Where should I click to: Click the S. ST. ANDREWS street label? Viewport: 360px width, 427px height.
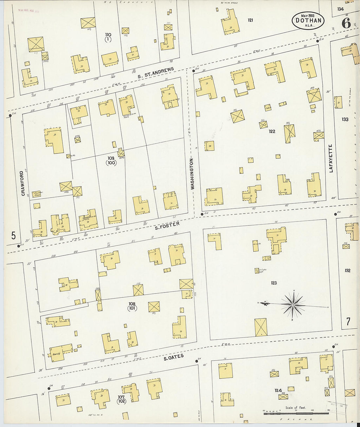tap(155, 73)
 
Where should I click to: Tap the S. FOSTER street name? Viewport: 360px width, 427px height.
tap(167, 225)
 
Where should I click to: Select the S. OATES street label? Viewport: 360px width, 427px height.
tap(173, 357)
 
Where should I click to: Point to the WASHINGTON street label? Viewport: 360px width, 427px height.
tap(192, 174)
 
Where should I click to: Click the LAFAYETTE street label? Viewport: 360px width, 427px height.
tap(331, 158)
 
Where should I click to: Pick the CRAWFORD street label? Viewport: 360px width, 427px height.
tap(23, 183)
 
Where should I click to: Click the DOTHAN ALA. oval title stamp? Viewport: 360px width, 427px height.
tap(308, 20)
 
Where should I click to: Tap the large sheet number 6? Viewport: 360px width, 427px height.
tap(346, 23)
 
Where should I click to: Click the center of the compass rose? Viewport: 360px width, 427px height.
tap(293, 305)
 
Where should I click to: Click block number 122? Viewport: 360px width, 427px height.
tap(272, 132)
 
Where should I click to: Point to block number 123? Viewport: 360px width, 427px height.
tap(274, 283)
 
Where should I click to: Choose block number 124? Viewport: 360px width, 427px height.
tap(278, 390)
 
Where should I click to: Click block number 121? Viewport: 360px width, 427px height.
tap(250, 20)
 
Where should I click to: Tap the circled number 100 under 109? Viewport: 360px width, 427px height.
tap(111, 163)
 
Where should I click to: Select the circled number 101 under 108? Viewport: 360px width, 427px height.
tap(132, 308)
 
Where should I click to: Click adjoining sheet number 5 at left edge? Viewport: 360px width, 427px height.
tap(13, 235)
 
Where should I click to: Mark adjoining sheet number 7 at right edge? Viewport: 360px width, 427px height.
tap(348, 322)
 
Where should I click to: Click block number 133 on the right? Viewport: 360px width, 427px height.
tap(345, 119)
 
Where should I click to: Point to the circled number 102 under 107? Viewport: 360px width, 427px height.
tap(121, 401)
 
